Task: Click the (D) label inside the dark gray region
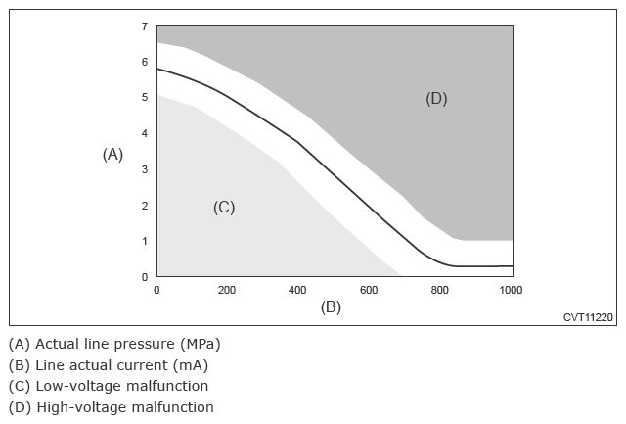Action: coord(436,98)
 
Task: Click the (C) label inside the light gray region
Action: coord(224,207)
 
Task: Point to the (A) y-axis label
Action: coord(113,154)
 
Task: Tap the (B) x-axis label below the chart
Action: coord(332,306)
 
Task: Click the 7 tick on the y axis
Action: coord(145,25)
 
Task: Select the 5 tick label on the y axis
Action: coord(145,97)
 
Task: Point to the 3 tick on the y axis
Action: coord(145,169)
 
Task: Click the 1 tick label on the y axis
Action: coord(145,241)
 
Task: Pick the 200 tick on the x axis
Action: coord(228,290)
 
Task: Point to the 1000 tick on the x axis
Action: coord(511,290)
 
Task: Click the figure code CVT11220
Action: coord(587,317)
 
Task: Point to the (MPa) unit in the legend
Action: coord(196,344)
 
